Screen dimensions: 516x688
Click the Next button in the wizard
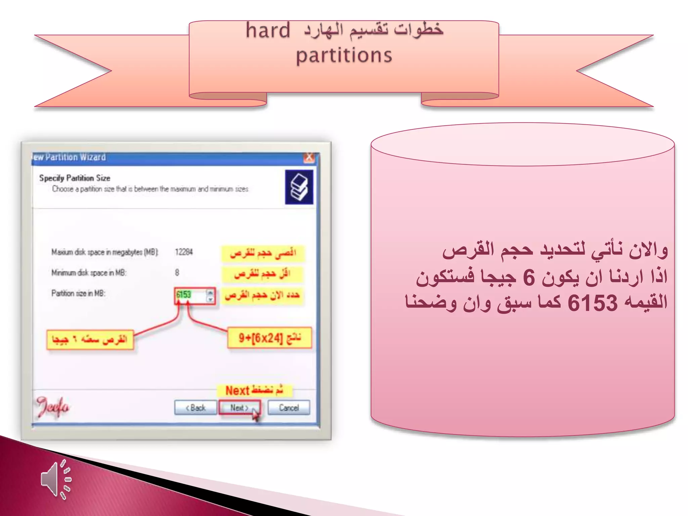click(239, 408)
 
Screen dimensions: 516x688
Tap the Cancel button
click(289, 408)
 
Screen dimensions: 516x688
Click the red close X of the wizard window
click(309, 157)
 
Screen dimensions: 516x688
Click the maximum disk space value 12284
click(184, 252)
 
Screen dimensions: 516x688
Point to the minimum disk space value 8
click(177, 272)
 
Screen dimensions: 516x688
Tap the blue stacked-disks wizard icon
click(299, 187)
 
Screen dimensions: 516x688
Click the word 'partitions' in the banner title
click(344, 55)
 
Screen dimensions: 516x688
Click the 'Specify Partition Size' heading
click(75, 178)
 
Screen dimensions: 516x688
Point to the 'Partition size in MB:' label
click(78, 294)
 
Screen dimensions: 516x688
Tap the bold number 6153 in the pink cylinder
click(592, 303)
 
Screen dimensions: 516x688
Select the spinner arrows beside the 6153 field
click(210, 296)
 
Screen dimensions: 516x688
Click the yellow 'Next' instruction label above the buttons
click(254, 390)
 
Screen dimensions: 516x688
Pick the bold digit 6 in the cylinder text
click(529, 277)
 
